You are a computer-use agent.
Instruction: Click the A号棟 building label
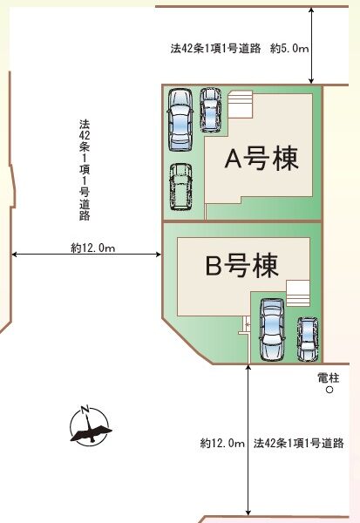click(262, 160)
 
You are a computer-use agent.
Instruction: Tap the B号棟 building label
click(241, 265)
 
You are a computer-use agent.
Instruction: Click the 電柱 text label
click(329, 377)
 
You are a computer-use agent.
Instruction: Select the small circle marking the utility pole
click(329, 391)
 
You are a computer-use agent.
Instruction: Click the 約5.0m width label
click(288, 50)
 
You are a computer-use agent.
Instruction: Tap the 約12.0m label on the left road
click(93, 248)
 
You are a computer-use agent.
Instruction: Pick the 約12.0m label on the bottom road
click(221, 444)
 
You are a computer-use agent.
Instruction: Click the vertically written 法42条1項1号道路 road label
click(84, 169)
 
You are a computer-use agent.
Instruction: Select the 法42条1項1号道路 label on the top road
click(216, 50)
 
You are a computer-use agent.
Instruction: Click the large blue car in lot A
click(180, 119)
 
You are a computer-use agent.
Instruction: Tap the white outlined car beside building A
click(180, 186)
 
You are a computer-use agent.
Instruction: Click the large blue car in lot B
click(271, 329)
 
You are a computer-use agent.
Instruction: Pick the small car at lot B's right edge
click(307, 337)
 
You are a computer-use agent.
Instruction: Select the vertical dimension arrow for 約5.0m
click(311, 44)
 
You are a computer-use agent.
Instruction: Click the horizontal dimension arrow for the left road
click(87, 255)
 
